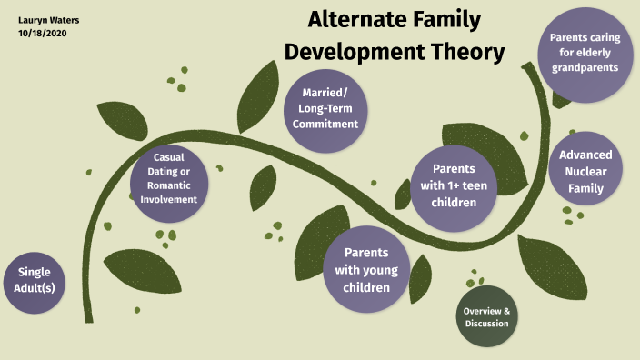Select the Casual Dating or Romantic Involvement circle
(169, 178)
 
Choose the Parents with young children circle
(367, 270)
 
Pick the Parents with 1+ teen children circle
(455, 185)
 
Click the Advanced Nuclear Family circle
(585, 171)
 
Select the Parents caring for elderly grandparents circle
(584, 53)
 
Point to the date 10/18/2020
(43, 33)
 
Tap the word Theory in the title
(466, 53)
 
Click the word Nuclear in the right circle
(585, 171)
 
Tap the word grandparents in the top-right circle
(584, 67)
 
